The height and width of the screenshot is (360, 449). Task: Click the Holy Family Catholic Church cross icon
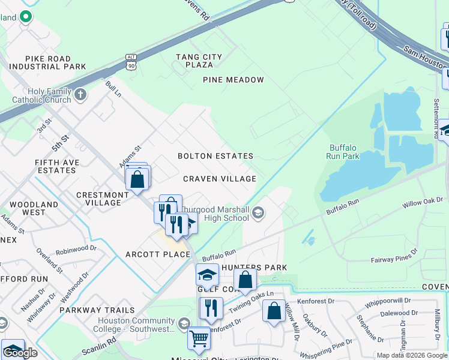(x=81, y=94)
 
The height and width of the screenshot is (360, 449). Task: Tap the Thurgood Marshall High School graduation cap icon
(x=258, y=212)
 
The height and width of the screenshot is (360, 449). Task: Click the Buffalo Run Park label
(x=343, y=152)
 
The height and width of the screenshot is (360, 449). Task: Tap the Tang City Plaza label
(x=199, y=61)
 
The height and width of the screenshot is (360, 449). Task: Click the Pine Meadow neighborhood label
(x=234, y=80)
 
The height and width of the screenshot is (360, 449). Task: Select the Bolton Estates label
(x=215, y=156)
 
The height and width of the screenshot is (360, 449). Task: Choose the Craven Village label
(x=220, y=179)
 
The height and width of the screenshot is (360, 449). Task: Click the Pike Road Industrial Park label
(x=44, y=62)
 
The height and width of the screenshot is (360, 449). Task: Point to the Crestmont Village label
(x=103, y=199)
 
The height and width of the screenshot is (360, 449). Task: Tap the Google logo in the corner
(x=20, y=353)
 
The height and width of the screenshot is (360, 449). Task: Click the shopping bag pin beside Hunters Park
(x=245, y=279)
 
